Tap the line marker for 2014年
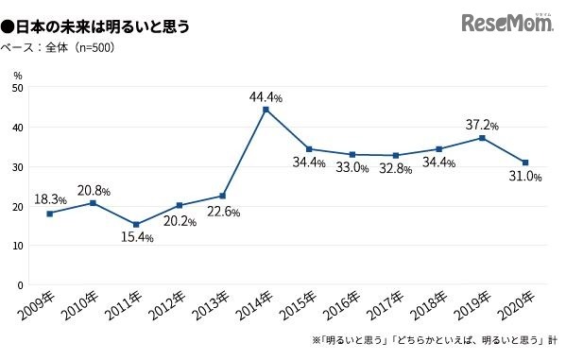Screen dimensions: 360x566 [x=266, y=110]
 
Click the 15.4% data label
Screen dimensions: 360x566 [x=135, y=237]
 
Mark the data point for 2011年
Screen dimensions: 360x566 [x=135, y=224]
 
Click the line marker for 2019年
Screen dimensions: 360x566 [x=483, y=138]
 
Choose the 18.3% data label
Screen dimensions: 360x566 [x=50, y=199]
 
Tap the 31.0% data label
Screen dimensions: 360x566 [x=523, y=178]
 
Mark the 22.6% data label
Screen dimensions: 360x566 [x=223, y=212]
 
